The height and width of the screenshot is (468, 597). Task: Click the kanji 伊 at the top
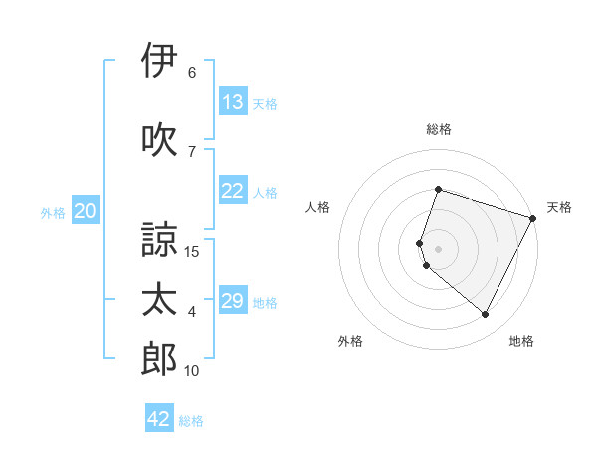pyautogui.click(x=159, y=60)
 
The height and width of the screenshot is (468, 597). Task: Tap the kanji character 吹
pyautogui.click(x=159, y=140)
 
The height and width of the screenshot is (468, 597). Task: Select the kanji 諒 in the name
pyautogui.click(x=159, y=239)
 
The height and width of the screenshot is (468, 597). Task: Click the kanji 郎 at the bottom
pyautogui.click(x=159, y=359)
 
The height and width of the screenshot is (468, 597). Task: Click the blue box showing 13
pyautogui.click(x=233, y=103)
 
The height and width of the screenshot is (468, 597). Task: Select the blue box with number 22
pyautogui.click(x=233, y=192)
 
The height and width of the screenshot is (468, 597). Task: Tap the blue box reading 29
pyautogui.click(x=233, y=302)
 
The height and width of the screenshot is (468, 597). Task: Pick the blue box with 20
pyautogui.click(x=86, y=212)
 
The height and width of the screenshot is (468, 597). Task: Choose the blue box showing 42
pyautogui.click(x=159, y=419)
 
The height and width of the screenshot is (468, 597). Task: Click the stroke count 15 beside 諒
pyautogui.click(x=193, y=251)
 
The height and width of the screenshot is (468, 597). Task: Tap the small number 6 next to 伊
pyautogui.click(x=192, y=72)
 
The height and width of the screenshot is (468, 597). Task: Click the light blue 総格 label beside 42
pyautogui.click(x=191, y=421)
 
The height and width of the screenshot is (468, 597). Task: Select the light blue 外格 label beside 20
pyautogui.click(x=53, y=213)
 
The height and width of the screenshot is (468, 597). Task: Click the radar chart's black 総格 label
pyautogui.click(x=438, y=129)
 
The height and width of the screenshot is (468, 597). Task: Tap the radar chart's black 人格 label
pyautogui.click(x=318, y=207)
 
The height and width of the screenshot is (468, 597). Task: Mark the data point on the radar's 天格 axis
pyautogui.click(x=533, y=219)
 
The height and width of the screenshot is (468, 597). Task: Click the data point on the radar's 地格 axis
pyautogui.click(x=485, y=315)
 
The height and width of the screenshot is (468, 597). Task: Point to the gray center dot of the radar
pyautogui.click(x=438, y=248)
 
